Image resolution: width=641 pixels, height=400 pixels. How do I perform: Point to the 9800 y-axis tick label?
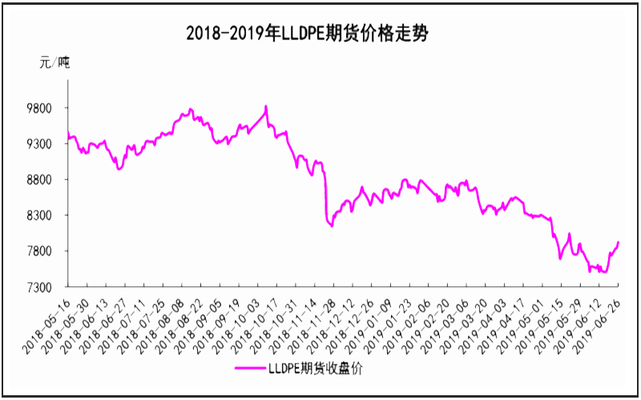(x=40, y=108)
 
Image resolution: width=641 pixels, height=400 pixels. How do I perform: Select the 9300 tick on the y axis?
(x=40, y=144)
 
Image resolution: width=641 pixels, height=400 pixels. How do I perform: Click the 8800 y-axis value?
(x=40, y=180)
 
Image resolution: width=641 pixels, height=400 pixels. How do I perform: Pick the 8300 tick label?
(x=40, y=216)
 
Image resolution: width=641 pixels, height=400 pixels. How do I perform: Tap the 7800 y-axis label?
(x=40, y=251)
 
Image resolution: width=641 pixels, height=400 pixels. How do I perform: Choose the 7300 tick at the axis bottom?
(x=40, y=287)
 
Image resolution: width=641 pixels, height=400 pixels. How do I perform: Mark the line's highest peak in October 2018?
(x=266, y=106)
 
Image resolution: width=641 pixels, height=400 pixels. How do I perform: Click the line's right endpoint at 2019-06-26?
(x=619, y=242)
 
